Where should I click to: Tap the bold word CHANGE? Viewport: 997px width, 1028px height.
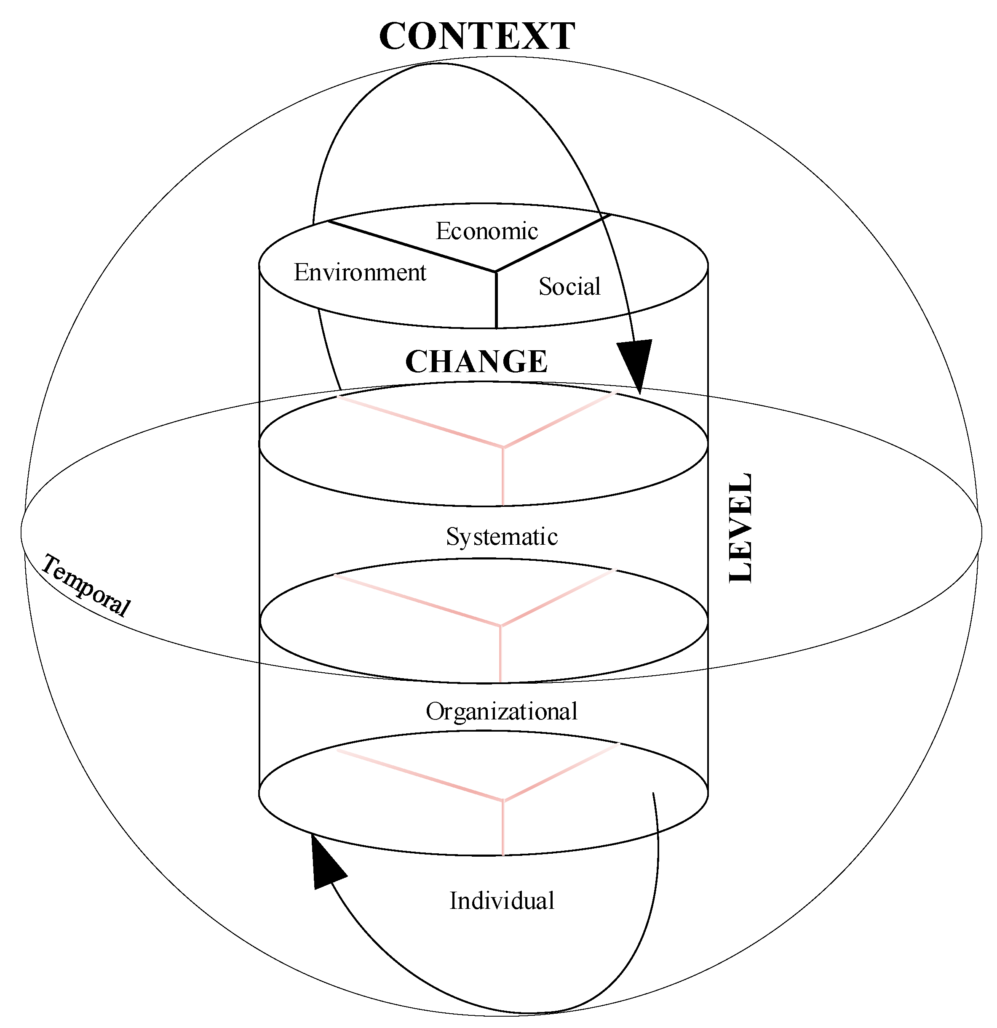(476, 362)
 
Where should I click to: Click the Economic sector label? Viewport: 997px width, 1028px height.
(486, 231)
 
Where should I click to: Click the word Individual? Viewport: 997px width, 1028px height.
(502, 901)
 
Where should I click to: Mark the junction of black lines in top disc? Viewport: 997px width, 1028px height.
(496, 271)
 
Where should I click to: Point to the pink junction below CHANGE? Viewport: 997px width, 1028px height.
(503, 447)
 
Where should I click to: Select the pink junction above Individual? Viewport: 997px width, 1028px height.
(503, 800)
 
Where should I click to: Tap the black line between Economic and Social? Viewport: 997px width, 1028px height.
(551, 243)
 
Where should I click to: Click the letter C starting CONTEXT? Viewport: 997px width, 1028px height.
(393, 37)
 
